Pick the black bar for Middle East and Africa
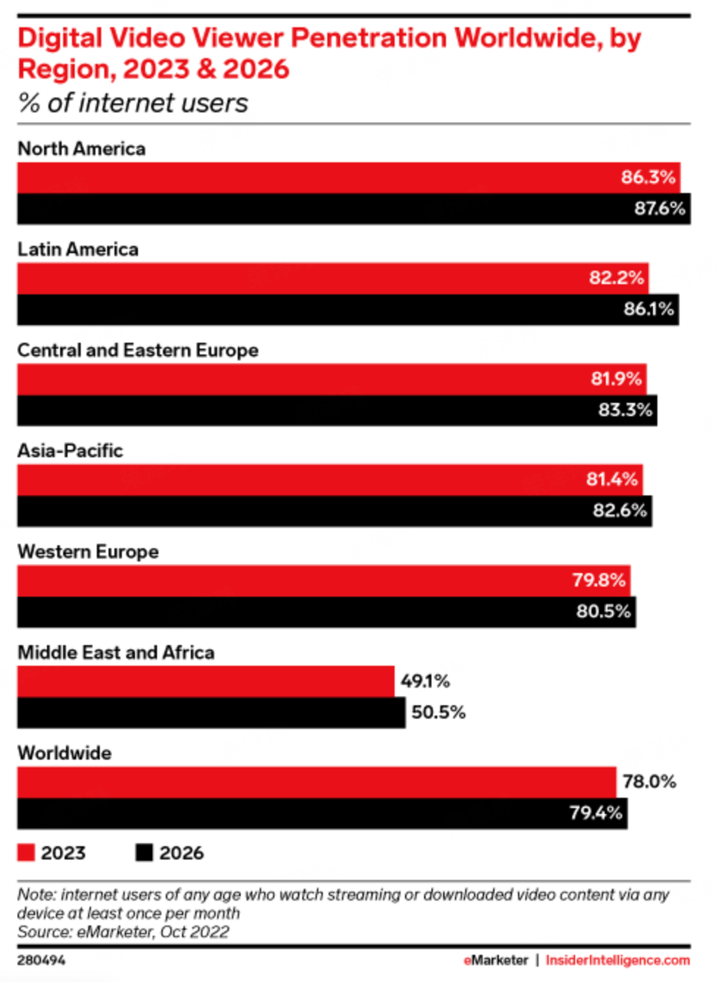click(x=211, y=713)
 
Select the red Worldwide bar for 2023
click(x=315, y=783)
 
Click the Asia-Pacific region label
click(x=70, y=450)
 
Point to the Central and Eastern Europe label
click(x=137, y=350)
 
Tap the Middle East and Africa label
click(x=116, y=652)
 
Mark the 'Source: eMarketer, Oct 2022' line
click(x=123, y=931)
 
